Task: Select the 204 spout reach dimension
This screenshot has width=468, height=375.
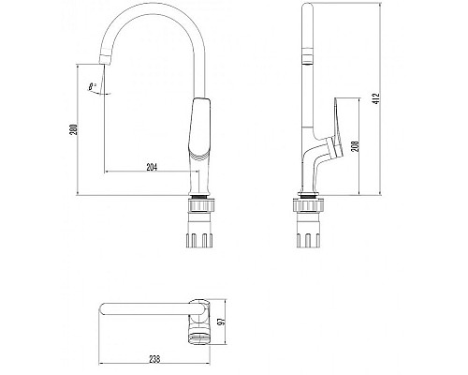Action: pyautogui.click(x=152, y=166)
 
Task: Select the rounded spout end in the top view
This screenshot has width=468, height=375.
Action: pyautogui.click(x=106, y=311)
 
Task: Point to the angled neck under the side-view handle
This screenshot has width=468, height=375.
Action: pyautogui.click(x=323, y=164)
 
